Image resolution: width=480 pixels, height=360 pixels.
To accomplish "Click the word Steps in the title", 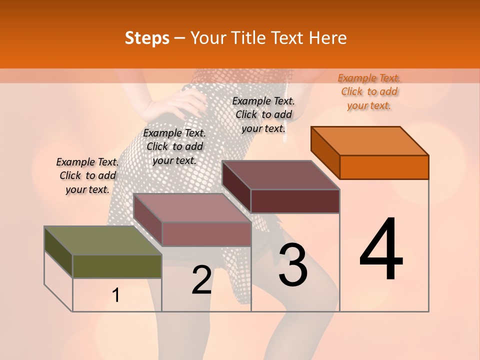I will pos(147,38).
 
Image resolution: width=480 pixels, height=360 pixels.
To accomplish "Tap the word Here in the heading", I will pos(328,38).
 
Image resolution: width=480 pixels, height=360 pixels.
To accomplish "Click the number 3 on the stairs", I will pos(293,265).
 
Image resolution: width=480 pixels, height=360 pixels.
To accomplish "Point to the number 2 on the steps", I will pos(201,280).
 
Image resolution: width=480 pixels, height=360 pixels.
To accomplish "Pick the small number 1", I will pos(116,295).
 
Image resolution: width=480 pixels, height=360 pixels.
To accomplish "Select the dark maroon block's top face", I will pos(280,175).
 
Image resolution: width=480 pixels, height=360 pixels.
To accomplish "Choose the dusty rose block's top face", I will pos(192,208).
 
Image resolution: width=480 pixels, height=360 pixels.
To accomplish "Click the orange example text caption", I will pos(369,92).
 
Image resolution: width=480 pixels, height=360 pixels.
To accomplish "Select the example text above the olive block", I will pos(87,176).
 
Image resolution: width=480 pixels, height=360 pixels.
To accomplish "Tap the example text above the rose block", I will pos(174,147).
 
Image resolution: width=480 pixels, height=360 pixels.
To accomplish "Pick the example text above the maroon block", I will pos(264,114).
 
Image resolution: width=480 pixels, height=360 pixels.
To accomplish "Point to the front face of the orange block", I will pos(384,167).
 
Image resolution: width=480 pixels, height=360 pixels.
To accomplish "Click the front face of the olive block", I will pos(117,266).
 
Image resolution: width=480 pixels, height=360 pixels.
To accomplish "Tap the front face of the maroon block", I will pos(295,201).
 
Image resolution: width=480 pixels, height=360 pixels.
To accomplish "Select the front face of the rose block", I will pos(206,234).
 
